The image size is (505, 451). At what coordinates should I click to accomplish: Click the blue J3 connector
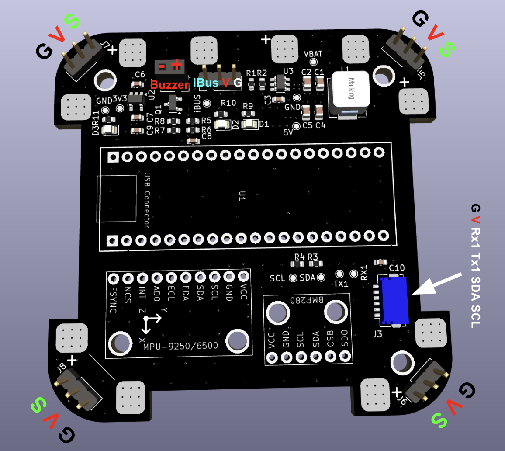pos(394,301)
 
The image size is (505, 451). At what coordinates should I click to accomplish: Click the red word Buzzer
pos(169,84)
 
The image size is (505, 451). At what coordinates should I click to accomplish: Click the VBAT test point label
pos(313,54)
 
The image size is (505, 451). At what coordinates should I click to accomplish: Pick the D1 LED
pos(249,124)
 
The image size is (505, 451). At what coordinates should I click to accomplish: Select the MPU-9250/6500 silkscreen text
pos(180,346)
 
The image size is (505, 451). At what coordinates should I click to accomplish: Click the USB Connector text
pos(147,200)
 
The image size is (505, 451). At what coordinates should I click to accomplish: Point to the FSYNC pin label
pos(113,299)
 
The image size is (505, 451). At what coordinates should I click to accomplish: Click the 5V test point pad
pos(297,126)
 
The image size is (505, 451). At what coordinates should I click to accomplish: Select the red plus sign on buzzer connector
pos(177,66)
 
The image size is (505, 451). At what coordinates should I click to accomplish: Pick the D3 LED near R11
pos(108,129)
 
